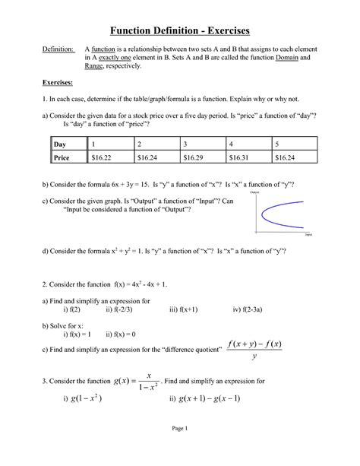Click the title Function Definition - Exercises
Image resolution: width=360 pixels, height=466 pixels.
click(179, 30)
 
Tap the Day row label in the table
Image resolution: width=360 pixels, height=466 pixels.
click(61, 144)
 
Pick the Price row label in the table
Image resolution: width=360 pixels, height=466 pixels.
click(62, 157)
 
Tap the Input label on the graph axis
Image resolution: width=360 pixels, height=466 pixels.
click(308, 236)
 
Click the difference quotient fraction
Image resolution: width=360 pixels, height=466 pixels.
click(254, 351)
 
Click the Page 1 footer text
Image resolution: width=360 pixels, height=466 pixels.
click(179, 450)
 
